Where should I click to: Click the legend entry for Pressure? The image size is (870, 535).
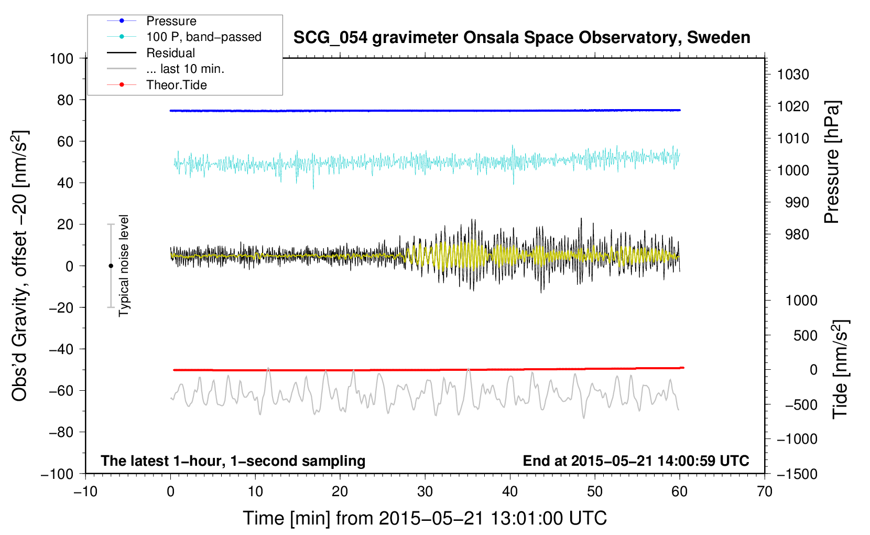tap(171, 21)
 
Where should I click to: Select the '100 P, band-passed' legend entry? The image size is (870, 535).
tap(203, 37)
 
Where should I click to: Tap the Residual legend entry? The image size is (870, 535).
tap(170, 53)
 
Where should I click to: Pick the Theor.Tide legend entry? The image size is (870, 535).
tap(176, 85)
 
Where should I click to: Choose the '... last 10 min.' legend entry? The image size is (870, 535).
tap(185, 69)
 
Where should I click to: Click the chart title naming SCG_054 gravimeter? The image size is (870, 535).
tap(521, 38)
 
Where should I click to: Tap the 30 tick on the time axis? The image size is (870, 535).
tap(425, 491)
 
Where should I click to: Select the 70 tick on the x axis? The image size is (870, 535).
tap(765, 491)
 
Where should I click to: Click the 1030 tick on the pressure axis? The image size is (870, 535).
tap(793, 74)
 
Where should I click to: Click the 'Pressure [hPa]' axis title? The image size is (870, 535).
tap(832, 162)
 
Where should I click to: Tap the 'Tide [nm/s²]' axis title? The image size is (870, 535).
tap(840, 369)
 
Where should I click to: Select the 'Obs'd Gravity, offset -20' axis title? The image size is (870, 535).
tap(20, 266)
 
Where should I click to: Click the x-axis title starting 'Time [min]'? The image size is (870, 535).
tap(425, 518)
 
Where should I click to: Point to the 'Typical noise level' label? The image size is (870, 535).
tap(124, 265)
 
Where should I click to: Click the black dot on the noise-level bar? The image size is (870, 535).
tap(111, 266)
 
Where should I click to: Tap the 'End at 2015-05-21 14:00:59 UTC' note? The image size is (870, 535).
tap(636, 461)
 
